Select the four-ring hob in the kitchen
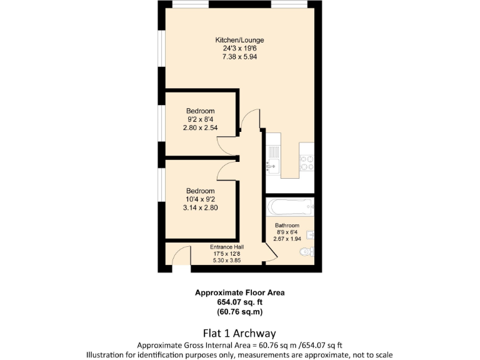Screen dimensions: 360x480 (306, 162)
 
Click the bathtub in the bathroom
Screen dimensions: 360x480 (289, 206)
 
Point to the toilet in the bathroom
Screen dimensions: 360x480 (306, 252)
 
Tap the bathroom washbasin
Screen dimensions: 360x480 (311, 235)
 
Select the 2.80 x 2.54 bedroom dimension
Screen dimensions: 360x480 (199, 127)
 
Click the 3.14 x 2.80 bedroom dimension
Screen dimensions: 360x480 (199, 207)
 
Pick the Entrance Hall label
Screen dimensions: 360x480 (226, 247)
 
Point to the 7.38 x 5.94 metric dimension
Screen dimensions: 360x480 (239, 56)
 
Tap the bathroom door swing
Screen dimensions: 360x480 (268, 251)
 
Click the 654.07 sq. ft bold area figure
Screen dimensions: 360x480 (239, 302)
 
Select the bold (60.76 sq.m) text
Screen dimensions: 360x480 (239, 311)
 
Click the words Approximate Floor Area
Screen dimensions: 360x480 (239, 292)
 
